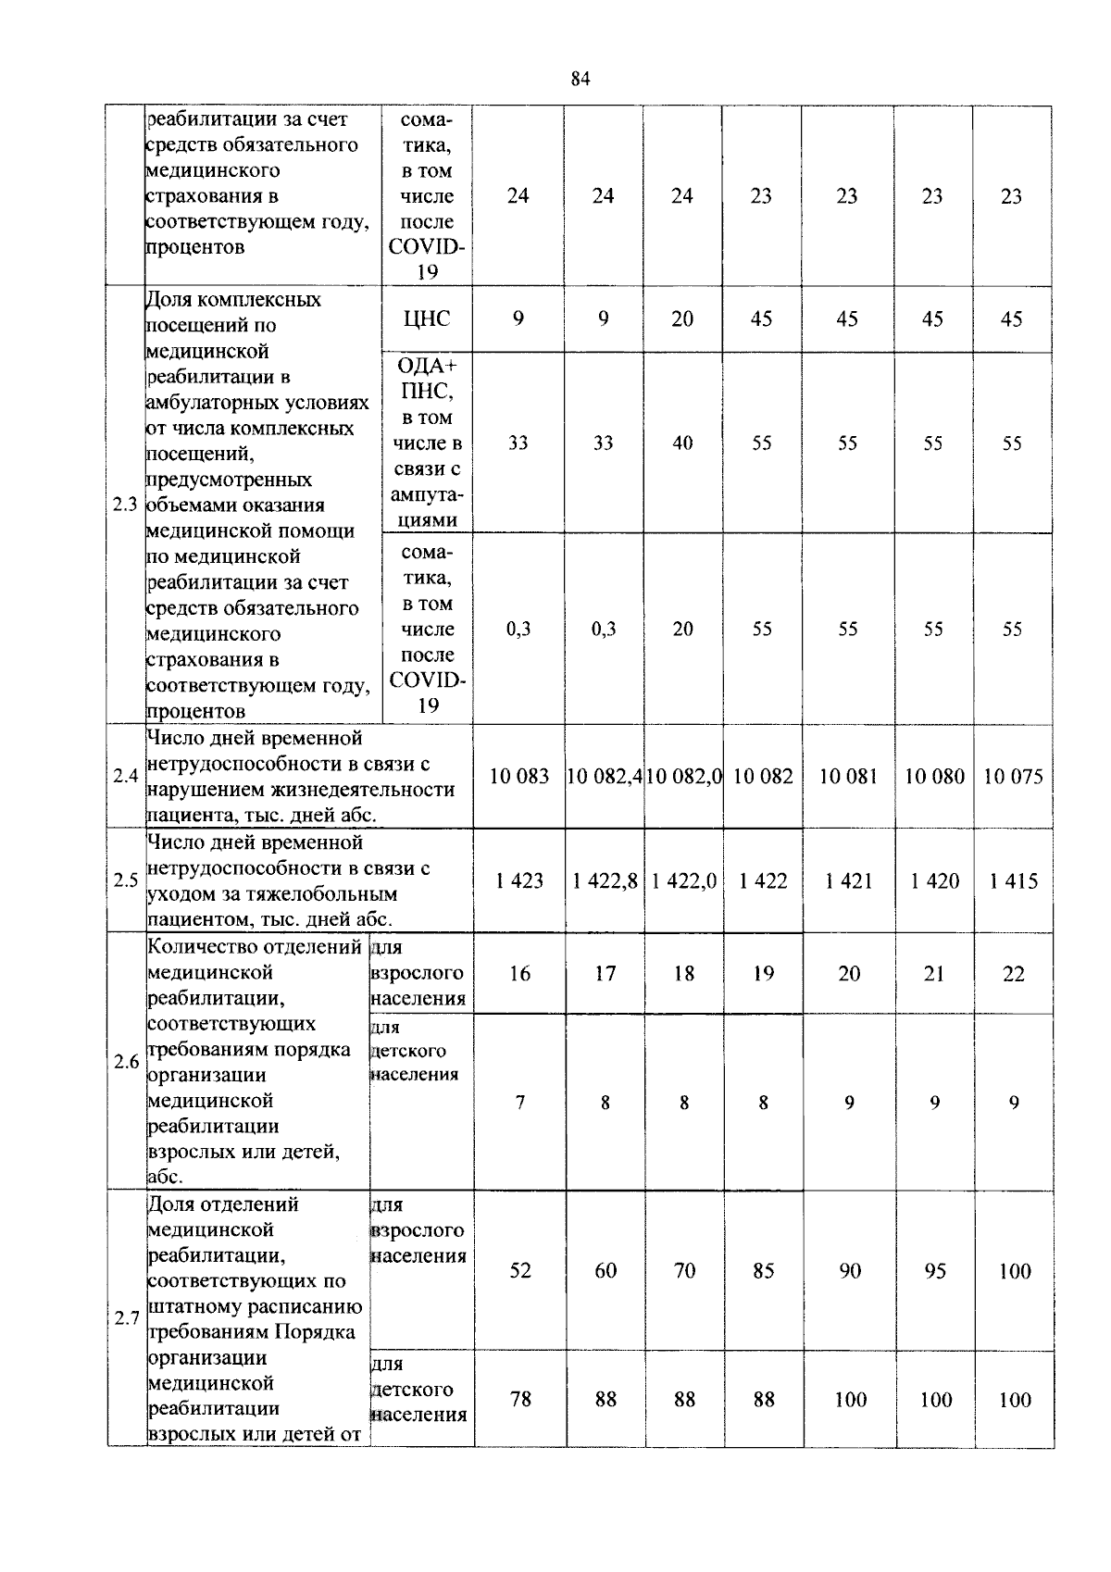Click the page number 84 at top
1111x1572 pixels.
tap(580, 79)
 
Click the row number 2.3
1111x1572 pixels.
tap(125, 505)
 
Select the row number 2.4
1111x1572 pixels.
tap(125, 776)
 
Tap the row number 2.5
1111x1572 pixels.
tap(125, 880)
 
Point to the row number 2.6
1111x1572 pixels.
tap(126, 1061)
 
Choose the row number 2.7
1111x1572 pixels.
tap(126, 1318)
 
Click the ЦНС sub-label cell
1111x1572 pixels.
tap(427, 318)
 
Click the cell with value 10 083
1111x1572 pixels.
tap(519, 776)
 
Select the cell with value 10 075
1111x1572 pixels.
tap(1013, 776)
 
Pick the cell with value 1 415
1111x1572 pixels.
tap(1013, 880)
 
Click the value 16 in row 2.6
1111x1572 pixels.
tap(520, 973)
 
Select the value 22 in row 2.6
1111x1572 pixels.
tap(1014, 973)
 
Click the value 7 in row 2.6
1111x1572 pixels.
tap(520, 1102)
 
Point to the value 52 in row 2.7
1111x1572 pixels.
tap(520, 1270)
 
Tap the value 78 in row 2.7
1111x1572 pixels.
tap(520, 1399)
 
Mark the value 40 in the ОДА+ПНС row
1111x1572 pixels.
tap(682, 443)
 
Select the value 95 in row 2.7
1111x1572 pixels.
tap(935, 1270)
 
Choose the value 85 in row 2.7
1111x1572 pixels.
tap(763, 1270)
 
